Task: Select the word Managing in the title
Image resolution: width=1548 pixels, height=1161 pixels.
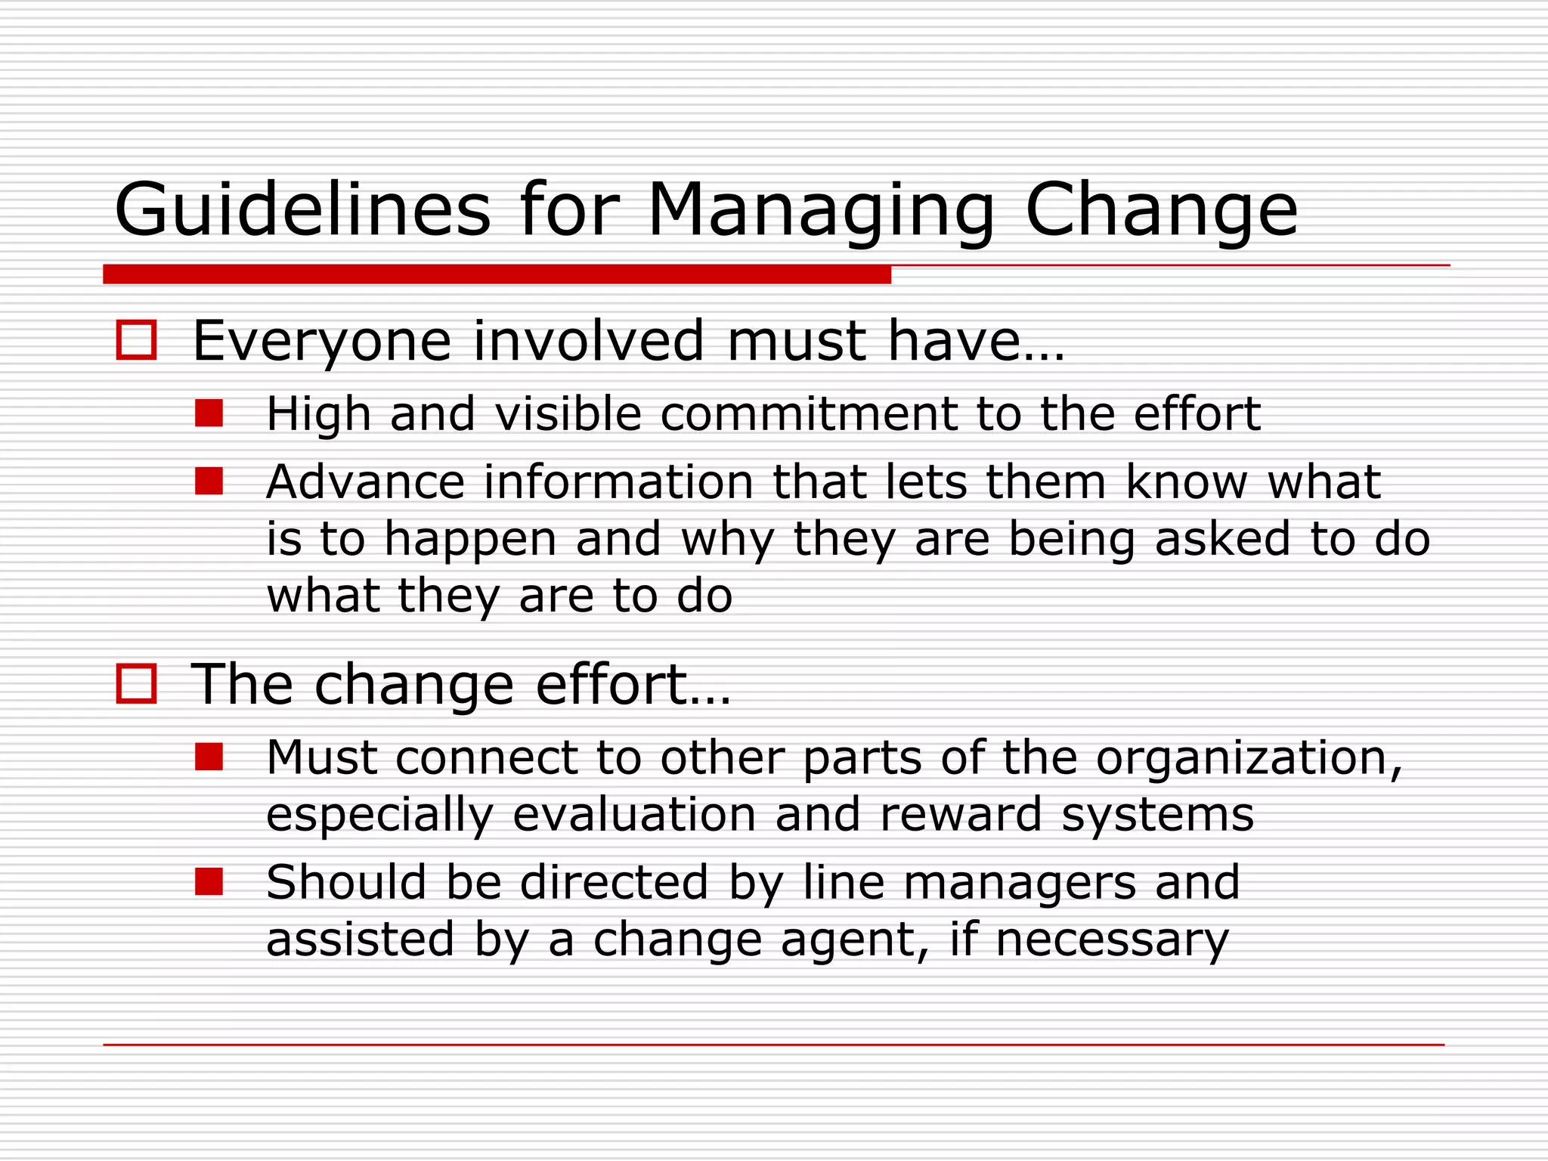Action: tap(821, 212)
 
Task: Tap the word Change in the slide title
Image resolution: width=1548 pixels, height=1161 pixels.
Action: tap(1161, 212)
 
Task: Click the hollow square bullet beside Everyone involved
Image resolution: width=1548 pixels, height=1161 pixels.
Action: tap(136, 340)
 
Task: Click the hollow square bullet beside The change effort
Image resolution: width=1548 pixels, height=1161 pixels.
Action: tap(136, 684)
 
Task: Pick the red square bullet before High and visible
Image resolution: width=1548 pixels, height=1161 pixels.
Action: tap(209, 413)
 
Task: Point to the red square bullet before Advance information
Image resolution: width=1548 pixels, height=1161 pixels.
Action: tap(209, 481)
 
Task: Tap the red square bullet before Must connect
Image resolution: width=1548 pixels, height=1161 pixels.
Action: tap(209, 757)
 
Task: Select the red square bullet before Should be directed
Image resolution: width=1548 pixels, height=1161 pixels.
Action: tap(209, 881)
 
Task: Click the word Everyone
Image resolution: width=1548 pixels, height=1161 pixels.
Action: tap(322, 342)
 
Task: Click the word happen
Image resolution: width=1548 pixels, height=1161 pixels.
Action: tap(470, 540)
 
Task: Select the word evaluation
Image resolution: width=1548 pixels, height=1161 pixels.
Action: tap(634, 815)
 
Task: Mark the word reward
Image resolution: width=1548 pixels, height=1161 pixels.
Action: tap(961, 815)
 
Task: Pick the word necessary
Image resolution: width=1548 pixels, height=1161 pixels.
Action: tap(1112, 940)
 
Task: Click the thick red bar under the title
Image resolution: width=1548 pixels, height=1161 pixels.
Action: tap(497, 274)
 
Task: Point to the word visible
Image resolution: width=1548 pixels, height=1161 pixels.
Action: tap(568, 414)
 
